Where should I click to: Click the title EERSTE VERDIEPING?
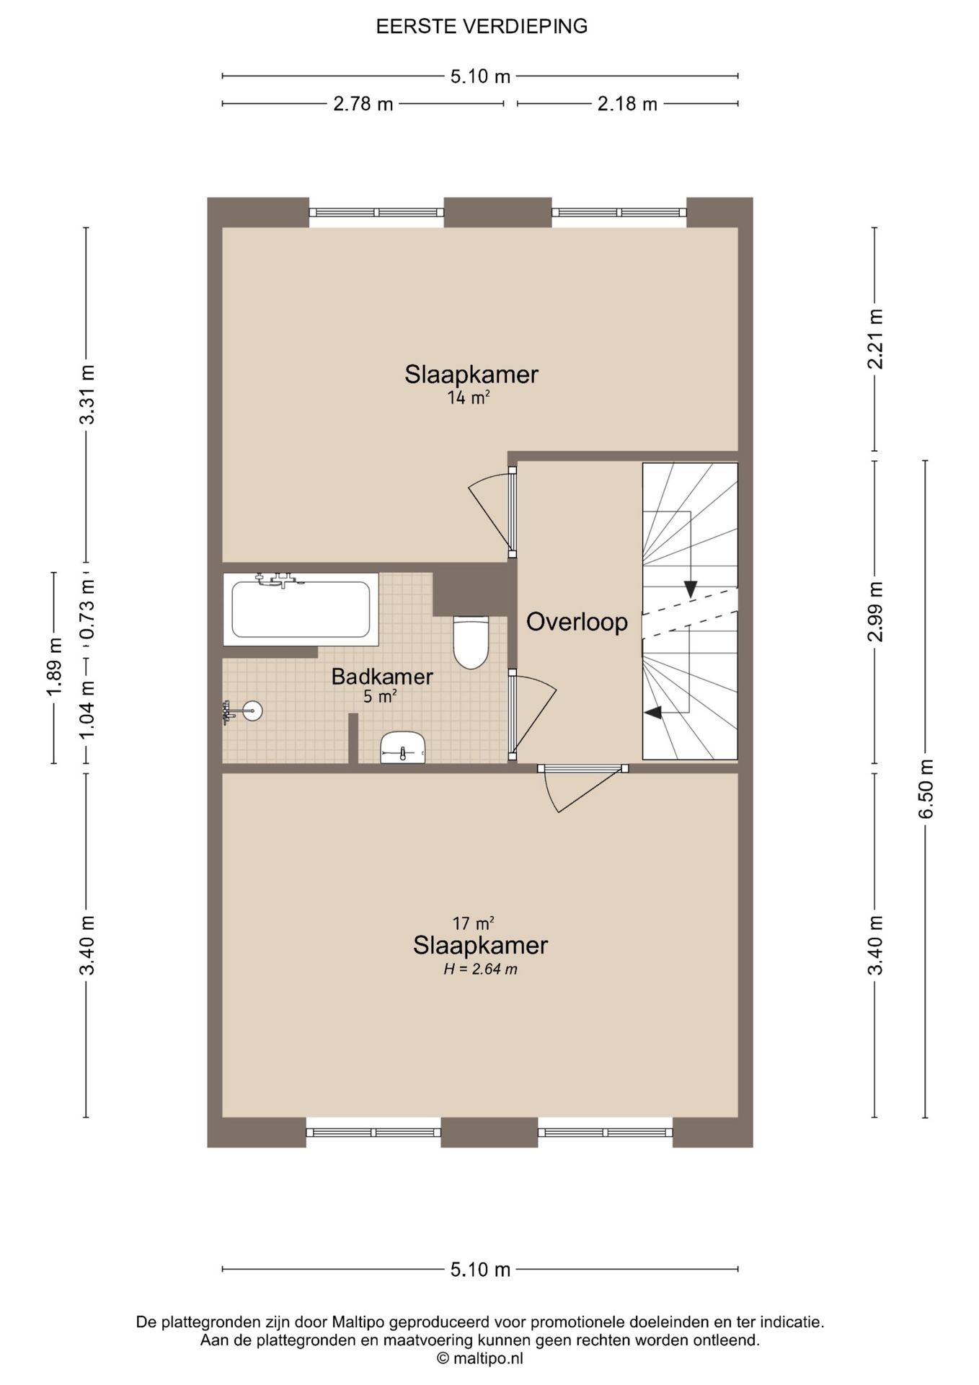(481, 27)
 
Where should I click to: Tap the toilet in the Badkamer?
(471, 642)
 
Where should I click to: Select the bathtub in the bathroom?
(301, 609)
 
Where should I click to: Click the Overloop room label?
(577, 622)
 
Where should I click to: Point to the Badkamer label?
(382, 677)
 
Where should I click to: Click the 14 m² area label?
(469, 397)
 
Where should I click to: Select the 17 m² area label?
(473, 923)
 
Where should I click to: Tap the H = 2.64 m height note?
(480, 969)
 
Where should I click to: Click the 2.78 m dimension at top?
(363, 104)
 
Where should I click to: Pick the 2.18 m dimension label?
(627, 104)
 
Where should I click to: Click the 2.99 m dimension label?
(875, 612)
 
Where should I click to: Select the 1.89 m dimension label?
(54, 667)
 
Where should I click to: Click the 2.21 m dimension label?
(875, 338)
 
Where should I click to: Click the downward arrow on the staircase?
(691, 589)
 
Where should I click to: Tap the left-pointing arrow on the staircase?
(652, 713)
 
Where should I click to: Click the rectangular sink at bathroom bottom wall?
(403, 747)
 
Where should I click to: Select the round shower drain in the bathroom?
(252, 711)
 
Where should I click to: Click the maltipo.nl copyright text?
(480, 1358)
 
